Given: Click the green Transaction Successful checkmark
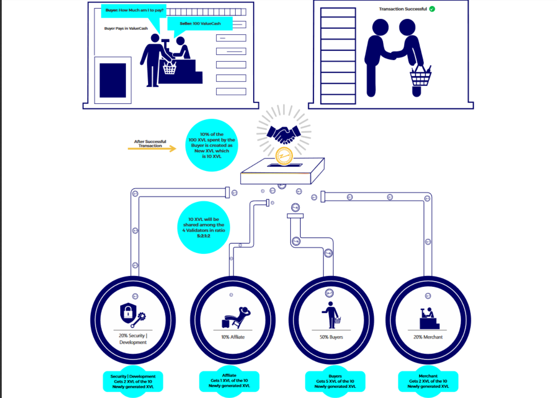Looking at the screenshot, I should [432, 9].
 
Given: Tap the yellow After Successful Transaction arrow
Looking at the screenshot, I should [152, 149].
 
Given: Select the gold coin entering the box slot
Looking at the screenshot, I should [284, 156].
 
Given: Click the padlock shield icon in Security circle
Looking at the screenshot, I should [128, 312].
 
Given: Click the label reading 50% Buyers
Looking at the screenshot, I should [331, 337].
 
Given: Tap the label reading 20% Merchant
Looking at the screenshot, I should [428, 337].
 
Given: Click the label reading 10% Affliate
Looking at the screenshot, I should [233, 337].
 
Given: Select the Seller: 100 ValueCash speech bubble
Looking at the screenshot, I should [200, 24].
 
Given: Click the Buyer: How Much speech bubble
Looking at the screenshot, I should [134, 10].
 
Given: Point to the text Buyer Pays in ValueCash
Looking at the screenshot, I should [126, 28].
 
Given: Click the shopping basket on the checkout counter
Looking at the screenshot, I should [170, 68].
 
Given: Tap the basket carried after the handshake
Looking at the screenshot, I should [420, 77].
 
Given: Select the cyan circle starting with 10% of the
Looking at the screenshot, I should [212, 145].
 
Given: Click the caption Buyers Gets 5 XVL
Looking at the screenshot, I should [335, 381].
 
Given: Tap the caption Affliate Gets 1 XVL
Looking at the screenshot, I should [229, 381].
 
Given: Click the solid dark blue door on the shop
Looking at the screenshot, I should [113, 80].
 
